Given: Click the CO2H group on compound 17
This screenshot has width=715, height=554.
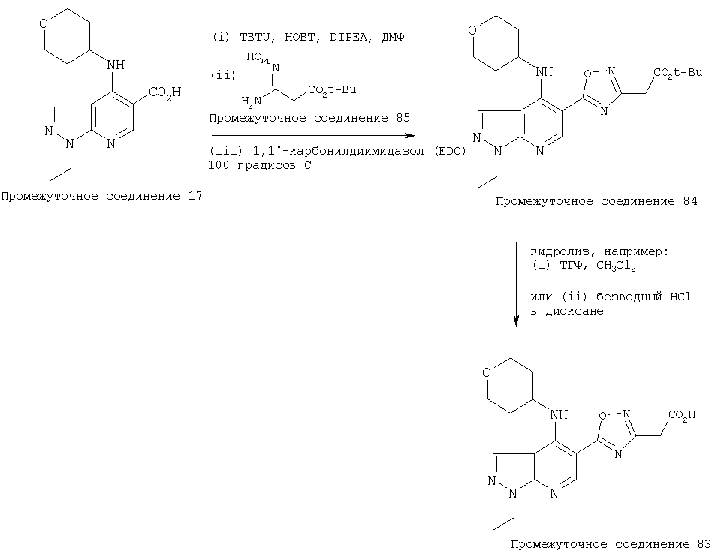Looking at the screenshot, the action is pyautogui.click(x=165, y=92).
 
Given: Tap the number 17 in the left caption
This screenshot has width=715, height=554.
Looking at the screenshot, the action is pyautogui.click(x=195, y=197).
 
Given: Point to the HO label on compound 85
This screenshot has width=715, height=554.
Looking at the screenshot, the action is pyautogui.click(x=254, y=57).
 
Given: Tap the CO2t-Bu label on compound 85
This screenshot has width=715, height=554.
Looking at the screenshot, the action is pyautogui.click(x=332, y=90).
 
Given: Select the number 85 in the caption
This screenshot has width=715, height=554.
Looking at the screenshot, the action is pyautogui.click(x=403, y=118).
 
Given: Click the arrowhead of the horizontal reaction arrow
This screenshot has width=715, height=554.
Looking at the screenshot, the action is pyautogui.click(x=411, y=136).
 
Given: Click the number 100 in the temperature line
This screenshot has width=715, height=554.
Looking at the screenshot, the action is pyautogui.click(x=219, y=165).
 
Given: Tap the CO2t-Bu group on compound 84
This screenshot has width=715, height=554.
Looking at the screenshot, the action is pyautogui.click(x=678, y=73).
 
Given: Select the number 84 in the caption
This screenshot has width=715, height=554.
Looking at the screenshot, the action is pyautogui.click(x=690, y=201).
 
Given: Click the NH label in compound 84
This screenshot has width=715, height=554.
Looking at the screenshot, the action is pyautogui.click(x=544, y=71).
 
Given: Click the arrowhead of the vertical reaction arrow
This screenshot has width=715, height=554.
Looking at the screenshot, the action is pyautogui.click(x=516, y=321).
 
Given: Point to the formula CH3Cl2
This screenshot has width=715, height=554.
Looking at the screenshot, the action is pyautogui.click(x=616, y=266).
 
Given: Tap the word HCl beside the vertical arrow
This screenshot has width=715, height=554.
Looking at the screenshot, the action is pyautogui.click(x=680, y=297).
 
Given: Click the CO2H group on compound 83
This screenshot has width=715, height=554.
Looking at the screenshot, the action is pyautogui.click(x=682, y=416).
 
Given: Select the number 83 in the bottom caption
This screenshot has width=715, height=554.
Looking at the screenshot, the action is pyautogui.click(x=704, y=544).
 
